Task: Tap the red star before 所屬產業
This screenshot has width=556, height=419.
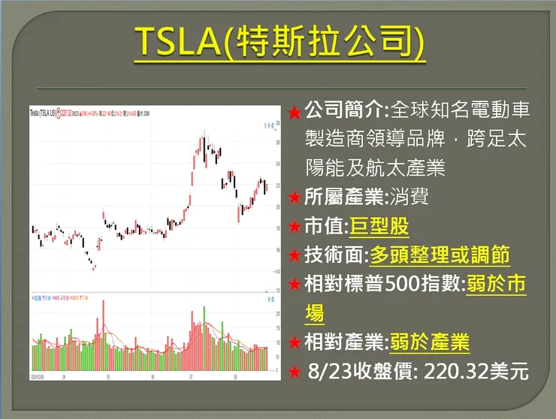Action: click(x=295, y=199)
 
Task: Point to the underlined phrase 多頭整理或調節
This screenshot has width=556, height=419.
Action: click(x=440, y=256)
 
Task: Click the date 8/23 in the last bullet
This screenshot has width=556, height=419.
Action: click(x=328, y=371)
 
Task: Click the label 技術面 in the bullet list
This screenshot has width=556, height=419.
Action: click(x=334, y=256)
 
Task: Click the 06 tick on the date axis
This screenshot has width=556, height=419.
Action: click(x=153, y=377)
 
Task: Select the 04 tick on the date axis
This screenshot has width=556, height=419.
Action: click(x=64, y=377)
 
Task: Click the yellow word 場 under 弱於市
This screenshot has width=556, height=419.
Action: click(x=316, y=313)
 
